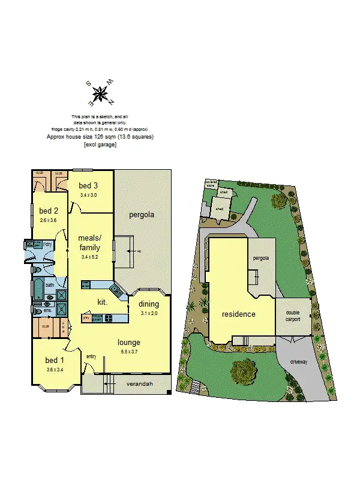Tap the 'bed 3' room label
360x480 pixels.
(x=88, y=186)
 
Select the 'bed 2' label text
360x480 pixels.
(x=49, y=211)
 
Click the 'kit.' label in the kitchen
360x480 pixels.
(x=103, y=302)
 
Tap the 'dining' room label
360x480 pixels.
(x=149, y=304)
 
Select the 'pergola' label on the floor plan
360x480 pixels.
(x=142, y=214)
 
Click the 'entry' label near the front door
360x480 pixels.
(x=91, y=358)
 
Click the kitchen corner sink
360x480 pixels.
(x=119, y=292)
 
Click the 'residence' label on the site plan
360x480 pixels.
(x=239, y=314)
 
